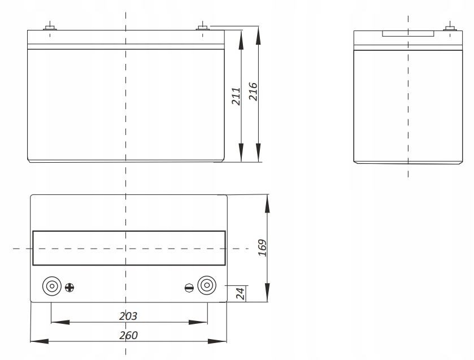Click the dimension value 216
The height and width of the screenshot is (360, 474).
pos(253,92)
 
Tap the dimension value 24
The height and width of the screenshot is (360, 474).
pos(238,293)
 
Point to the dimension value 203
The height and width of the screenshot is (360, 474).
pos(129,315)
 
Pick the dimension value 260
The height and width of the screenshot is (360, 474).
pos(128,334)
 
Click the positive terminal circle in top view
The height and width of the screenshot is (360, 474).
pos(51,287)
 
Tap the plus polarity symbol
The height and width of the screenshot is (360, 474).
pos(69,287)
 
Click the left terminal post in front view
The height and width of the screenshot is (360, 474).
pos(49,27)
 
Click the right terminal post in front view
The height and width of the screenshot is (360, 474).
pos(203,27)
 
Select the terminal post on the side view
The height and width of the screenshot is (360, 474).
pos(450,27)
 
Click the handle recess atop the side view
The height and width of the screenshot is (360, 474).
pos(408,34)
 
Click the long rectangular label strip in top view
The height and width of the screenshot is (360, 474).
pos(128,248)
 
